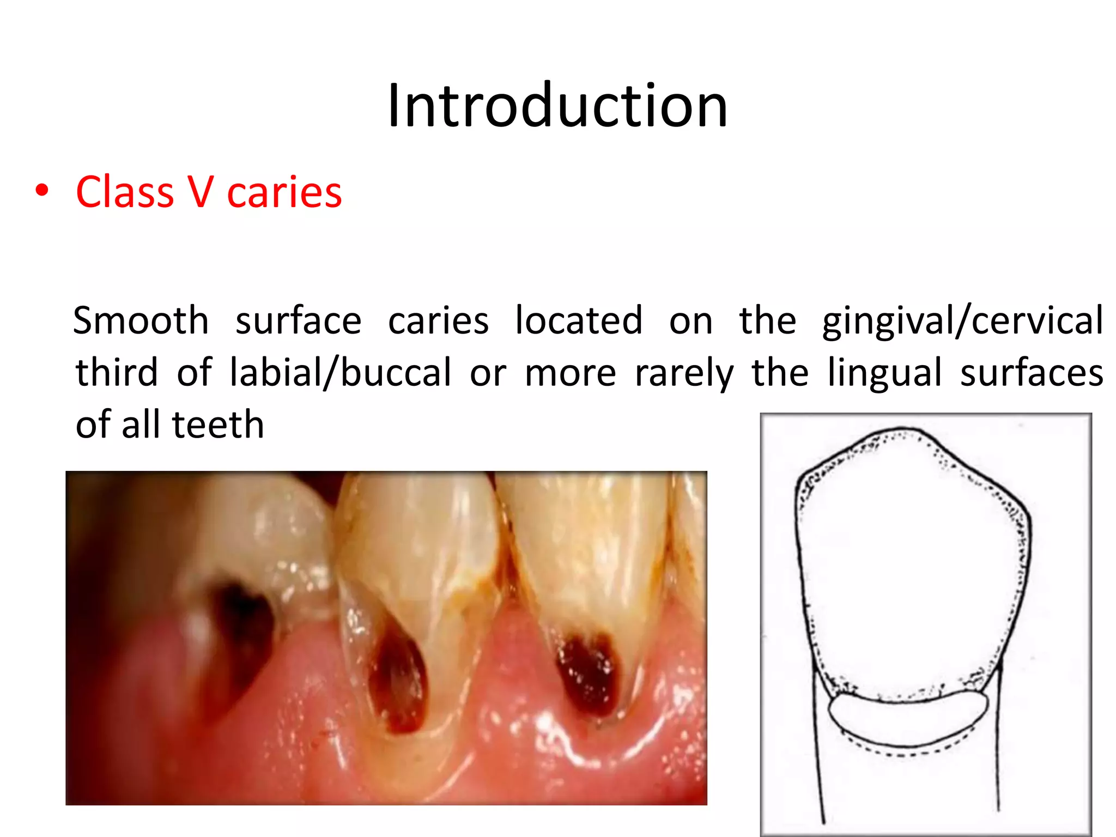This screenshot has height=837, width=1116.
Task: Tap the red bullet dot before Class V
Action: coord(42,191)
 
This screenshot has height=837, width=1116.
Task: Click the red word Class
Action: coord(125,192)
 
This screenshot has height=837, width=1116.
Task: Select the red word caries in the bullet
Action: coord(284,192)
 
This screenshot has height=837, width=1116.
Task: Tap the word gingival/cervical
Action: coord(962,322)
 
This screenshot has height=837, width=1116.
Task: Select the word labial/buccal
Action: coord(340,373)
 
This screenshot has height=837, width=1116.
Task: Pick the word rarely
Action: coord(684,374)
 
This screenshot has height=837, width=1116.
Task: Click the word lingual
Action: coord(884,374)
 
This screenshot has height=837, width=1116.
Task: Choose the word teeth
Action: coord(218,424)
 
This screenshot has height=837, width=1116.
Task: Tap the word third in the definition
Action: coord(117,373)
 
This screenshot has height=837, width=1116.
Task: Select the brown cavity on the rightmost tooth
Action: coord(589,673)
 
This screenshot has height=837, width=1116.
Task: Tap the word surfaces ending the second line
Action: coord(1032,373)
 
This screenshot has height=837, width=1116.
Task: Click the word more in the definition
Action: coord(571,374)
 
